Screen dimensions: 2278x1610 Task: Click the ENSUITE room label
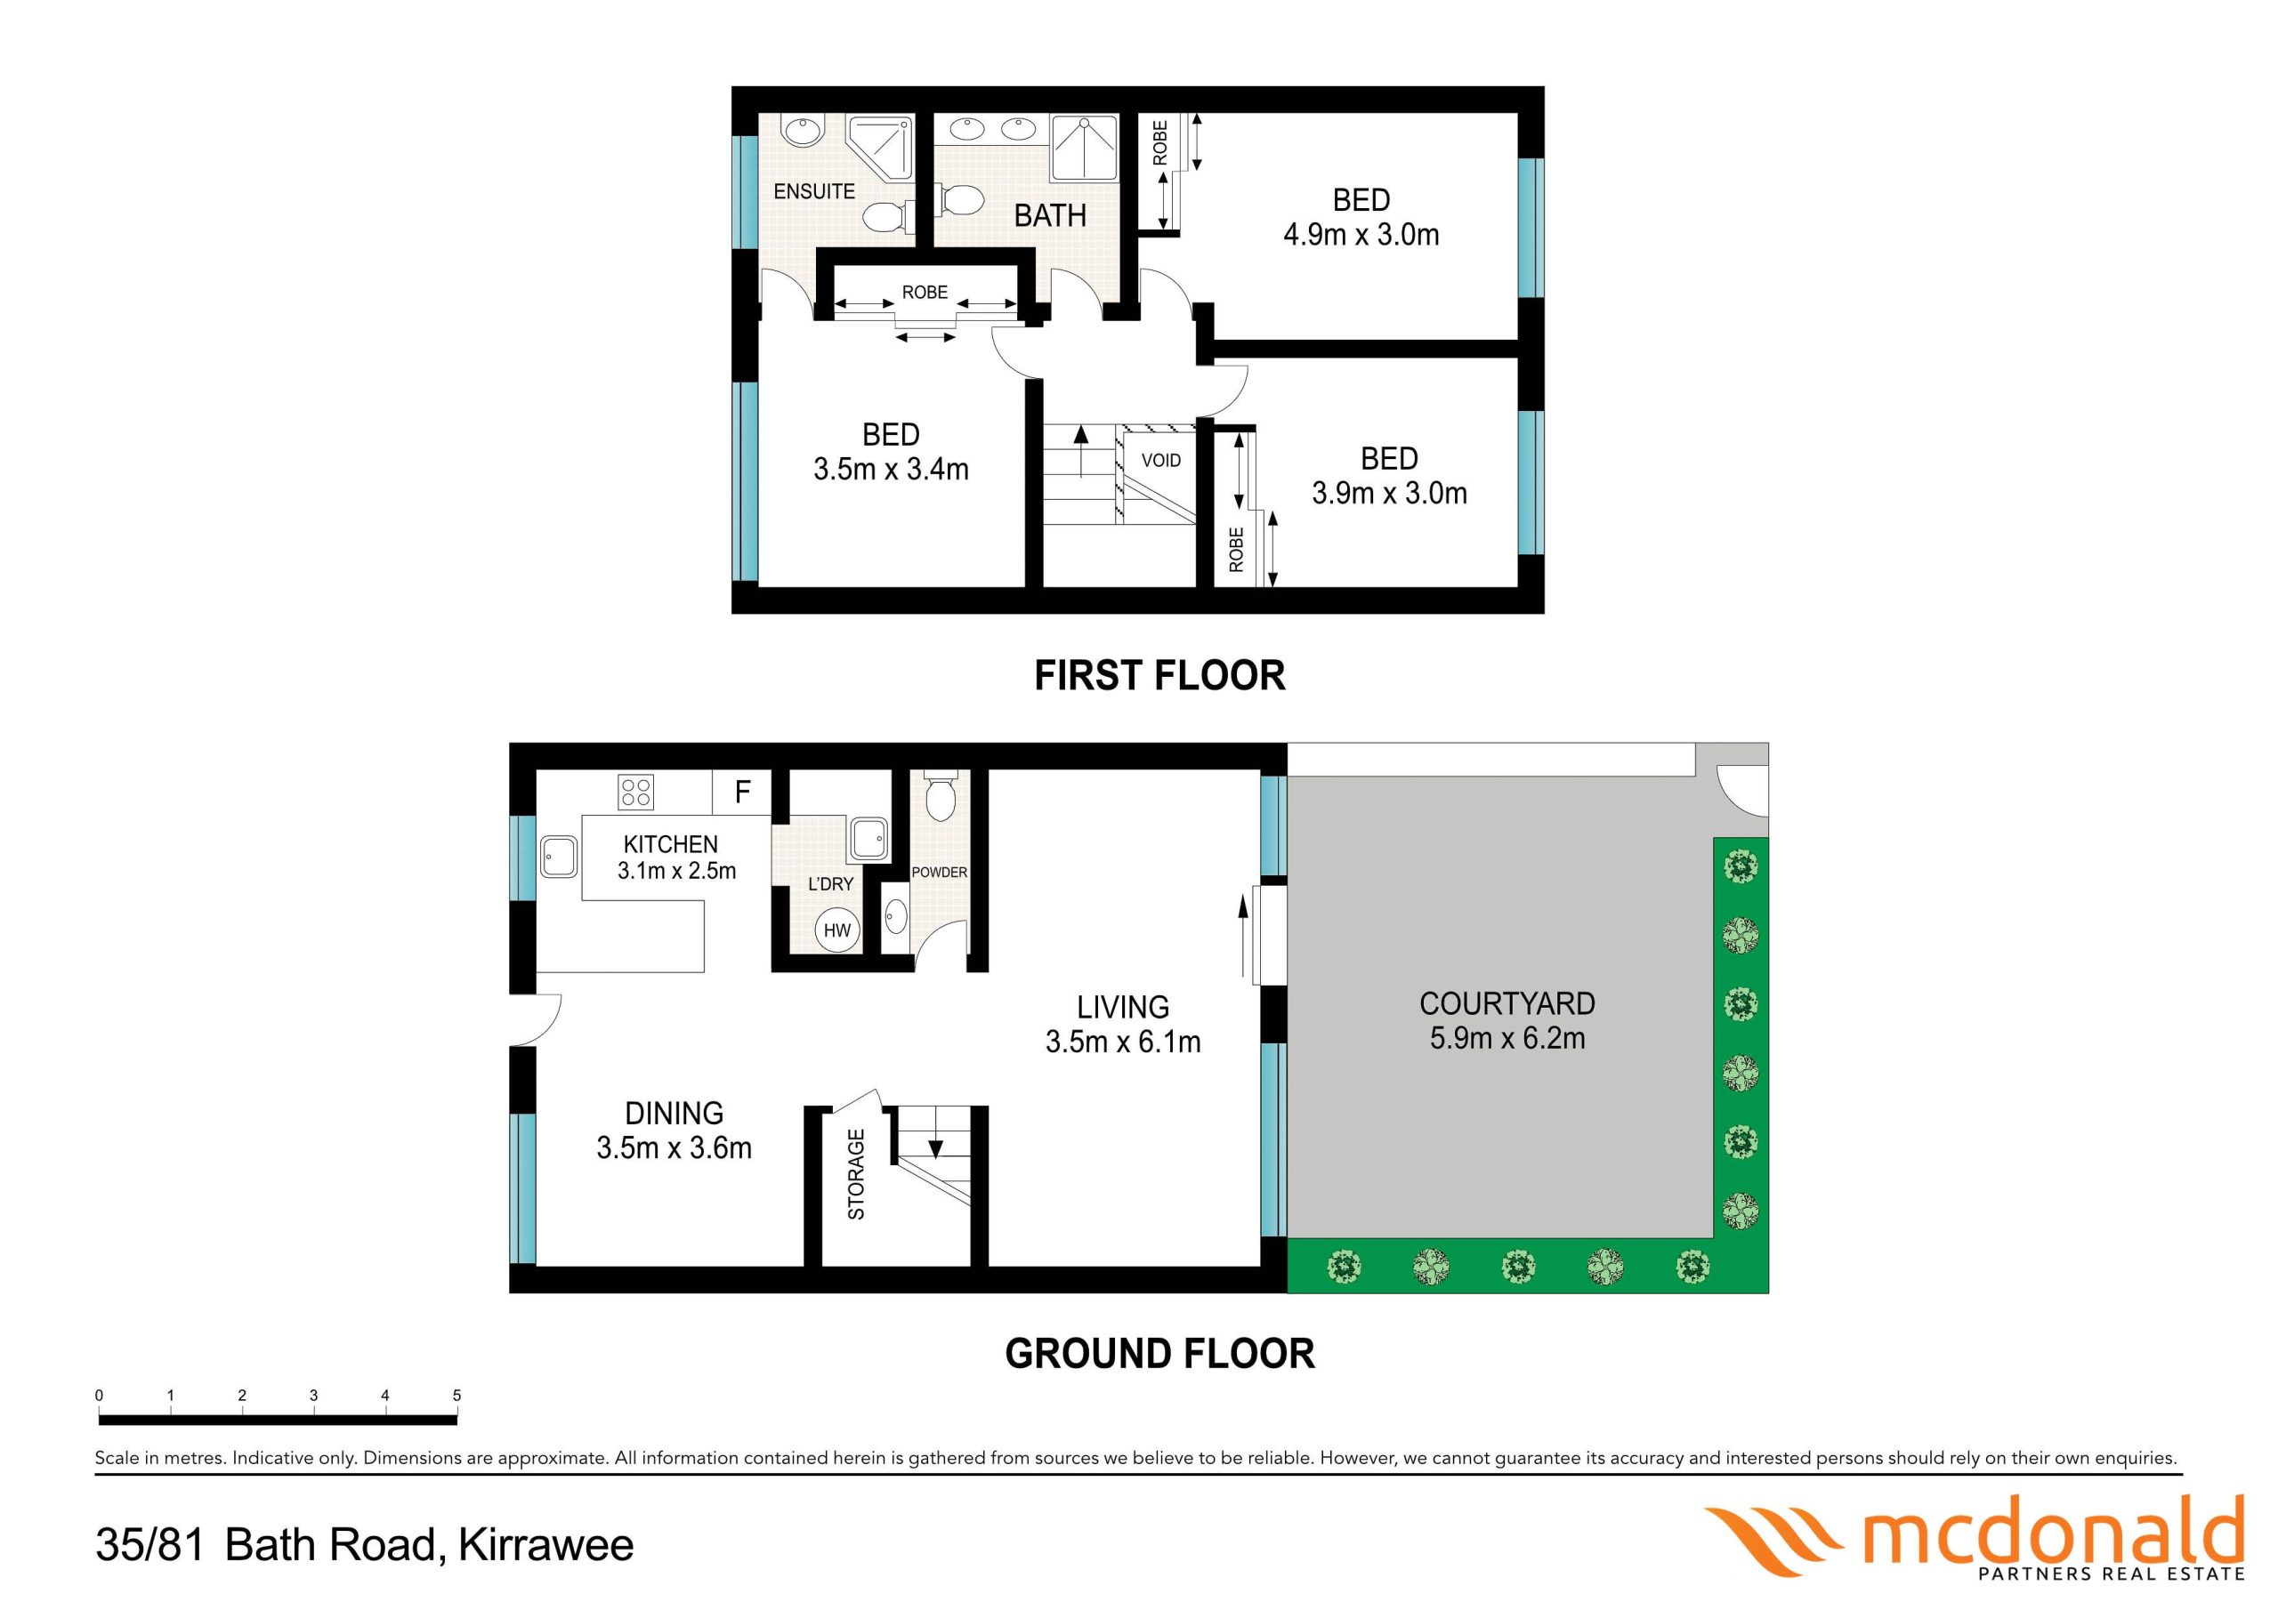point(813,191)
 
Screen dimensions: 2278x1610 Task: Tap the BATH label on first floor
point(1050,215)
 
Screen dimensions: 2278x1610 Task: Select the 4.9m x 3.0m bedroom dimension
point(1361,235)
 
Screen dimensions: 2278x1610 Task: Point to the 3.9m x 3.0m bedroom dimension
point(1389,493)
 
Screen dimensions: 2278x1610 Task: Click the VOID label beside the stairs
point(1161,460)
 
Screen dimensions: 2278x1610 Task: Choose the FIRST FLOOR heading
point(1159,675)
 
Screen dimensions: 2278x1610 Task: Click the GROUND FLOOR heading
point(1159,1354)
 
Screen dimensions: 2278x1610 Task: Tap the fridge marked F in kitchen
point(742,792)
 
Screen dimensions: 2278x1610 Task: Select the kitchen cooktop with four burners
point(636,792)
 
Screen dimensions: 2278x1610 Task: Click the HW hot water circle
point(837,930)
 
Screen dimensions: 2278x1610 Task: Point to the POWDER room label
point(939,873)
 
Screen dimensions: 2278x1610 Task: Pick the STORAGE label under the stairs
point(856,1174)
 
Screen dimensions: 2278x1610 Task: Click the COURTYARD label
point(1507,1004)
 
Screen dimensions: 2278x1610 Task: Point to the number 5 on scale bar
point(457,1396)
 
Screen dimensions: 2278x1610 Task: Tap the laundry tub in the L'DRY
point(868,841)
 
